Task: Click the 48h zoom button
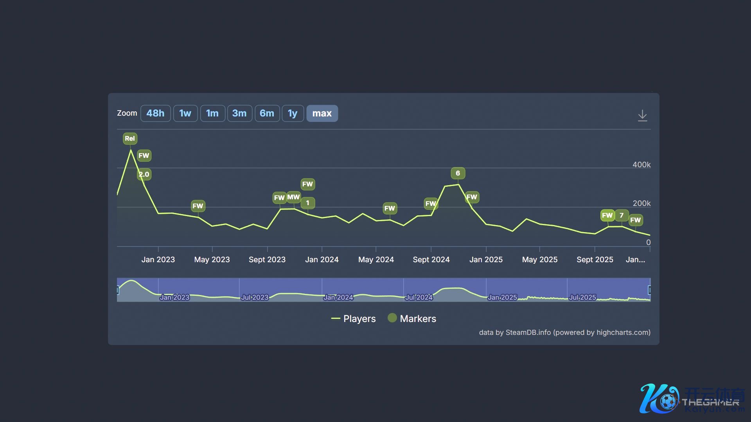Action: pyautogui.click(x=155, y=113)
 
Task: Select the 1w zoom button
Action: pyautogui.click(x=185, y=113)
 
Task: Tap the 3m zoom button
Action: pyautogui.click(x=239, y=113)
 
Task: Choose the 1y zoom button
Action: pyautogui.click(x=293, y=113)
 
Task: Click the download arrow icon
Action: pyautogui.click(x=642, y=115)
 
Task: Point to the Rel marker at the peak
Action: pyautogui.click(x=130, y=138)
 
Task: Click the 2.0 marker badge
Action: pyautogui.click(x=144, y=174)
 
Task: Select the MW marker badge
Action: pyautogui.click(x=293, y=197)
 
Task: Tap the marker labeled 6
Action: pyautogui.click(x=458, y=173)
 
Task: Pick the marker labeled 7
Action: pyautogui.click(x=622, y=215)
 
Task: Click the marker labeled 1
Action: pyautogui.click(x=308, y=203)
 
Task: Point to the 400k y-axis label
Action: pyautogui.click(x=641, y=165)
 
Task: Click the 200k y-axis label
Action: pyautogui.click(x=641, y=203)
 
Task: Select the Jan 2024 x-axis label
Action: pyautogui.click(x=322, y=259)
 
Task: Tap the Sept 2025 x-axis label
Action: pyautogui.click(x=595, y=259)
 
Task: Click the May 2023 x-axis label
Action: pyautogui.click(x=212, y=259)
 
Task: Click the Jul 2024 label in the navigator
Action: pyautogui.click(x=419, y=297)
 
